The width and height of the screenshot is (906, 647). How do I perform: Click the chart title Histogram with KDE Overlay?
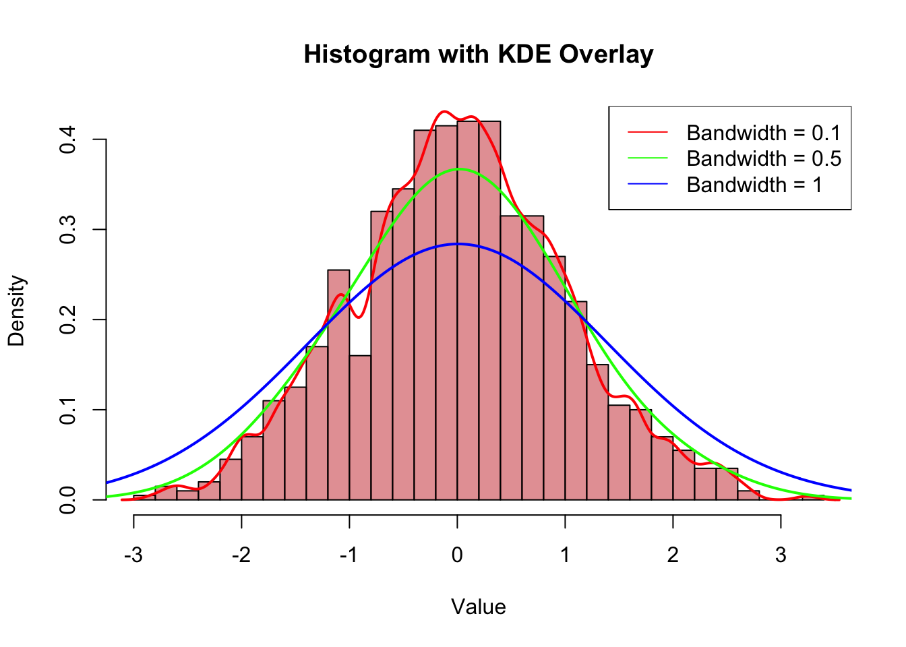(x=479, y=54)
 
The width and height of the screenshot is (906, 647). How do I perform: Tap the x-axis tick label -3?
(x=133, y=555)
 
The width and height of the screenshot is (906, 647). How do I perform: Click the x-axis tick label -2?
(x=241, y=555)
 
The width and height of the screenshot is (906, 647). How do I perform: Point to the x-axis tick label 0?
(x=457, y=555)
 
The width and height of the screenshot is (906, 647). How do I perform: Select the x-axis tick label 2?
(x=673, y=555)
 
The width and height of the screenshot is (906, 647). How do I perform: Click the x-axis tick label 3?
(x=781, y=555)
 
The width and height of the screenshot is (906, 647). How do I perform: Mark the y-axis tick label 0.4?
(x=67, y=140)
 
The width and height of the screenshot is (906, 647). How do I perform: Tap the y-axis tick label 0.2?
(x=67, y=319)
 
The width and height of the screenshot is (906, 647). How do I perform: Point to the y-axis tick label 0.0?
(x=67, y=499)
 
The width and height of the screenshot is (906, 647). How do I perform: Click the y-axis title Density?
(x=16, y=310)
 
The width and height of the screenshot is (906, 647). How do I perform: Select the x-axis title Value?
(x=479, y=607)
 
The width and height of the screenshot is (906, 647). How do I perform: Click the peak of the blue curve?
(x=457, y=244)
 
